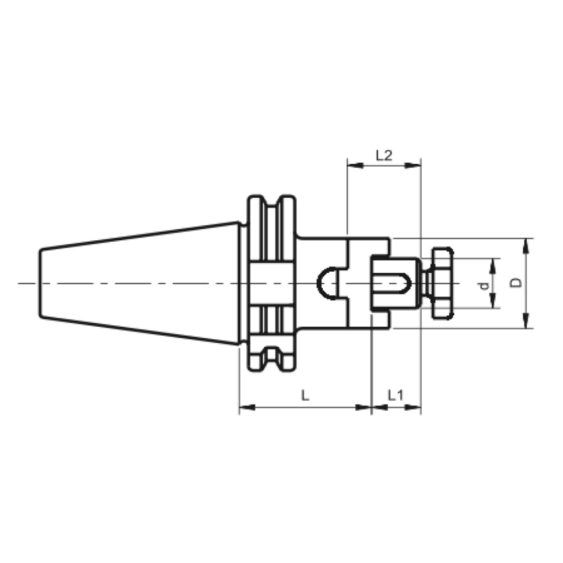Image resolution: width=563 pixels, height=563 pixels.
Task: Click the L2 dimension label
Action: click(384, 155)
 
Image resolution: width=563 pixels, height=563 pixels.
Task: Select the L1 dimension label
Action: click(396, 396)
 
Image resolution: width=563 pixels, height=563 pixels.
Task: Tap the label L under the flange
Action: click(305, 396)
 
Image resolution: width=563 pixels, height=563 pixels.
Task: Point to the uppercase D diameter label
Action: click(516, 283)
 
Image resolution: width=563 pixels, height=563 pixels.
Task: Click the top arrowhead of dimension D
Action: click(527, 244)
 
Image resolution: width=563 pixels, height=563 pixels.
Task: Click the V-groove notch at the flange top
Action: click(270, 202)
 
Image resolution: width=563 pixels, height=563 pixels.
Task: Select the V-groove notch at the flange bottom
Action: click(270, 364)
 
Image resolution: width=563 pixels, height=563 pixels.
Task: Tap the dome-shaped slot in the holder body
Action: click(328, 283)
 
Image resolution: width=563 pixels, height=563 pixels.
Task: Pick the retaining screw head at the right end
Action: click(441, 283)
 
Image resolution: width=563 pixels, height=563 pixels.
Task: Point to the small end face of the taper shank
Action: click(40, 283)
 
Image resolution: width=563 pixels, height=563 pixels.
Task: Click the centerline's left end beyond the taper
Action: click(20, 283)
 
